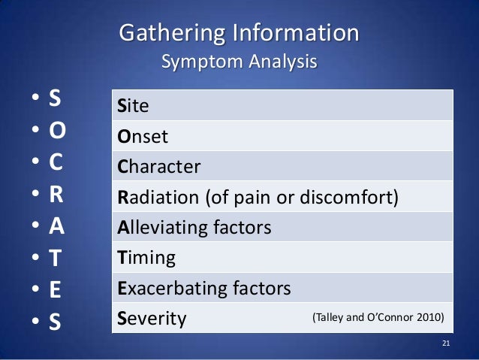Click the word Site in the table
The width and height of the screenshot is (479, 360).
134,106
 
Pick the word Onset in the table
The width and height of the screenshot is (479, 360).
143,137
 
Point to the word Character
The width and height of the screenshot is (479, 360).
159,167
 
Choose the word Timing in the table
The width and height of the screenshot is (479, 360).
146,259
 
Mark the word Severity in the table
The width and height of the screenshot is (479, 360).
152,319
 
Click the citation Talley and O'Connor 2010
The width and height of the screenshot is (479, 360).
378,318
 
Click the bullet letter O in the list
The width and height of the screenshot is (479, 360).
58,132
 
